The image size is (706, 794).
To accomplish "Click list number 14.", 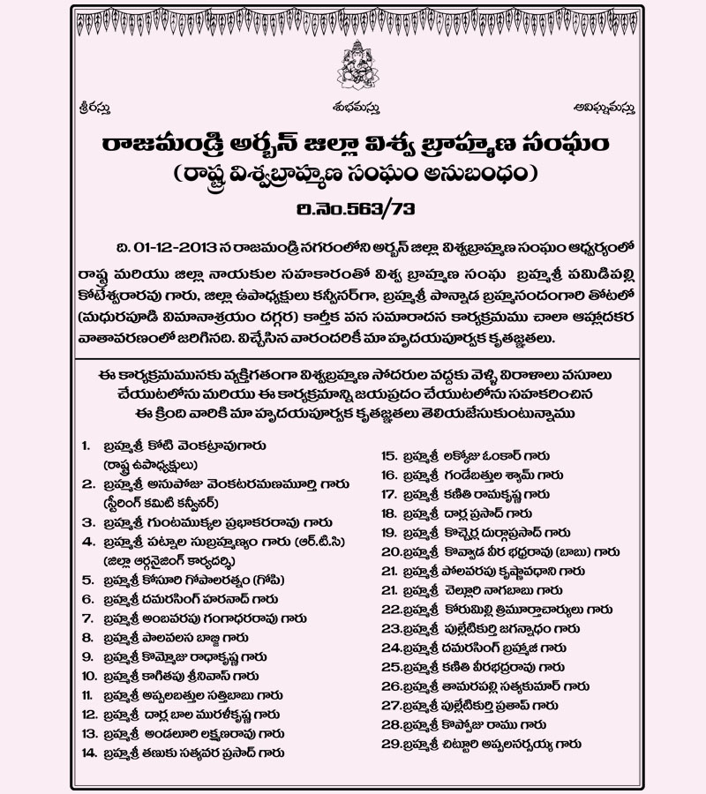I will [x=87, y=753].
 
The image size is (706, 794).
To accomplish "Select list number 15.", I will [x=387, y=455].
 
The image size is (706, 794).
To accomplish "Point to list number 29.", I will [x=388, y=744].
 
